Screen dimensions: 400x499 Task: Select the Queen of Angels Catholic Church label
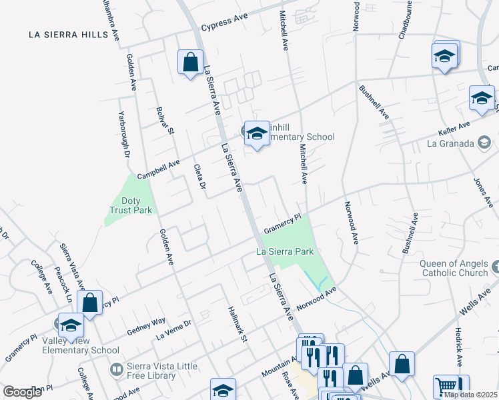pyautogui.click(x=454, y=268)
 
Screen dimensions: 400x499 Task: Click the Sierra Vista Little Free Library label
pyautogui.click(x=143, y=371)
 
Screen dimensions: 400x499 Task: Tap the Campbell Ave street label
pyautogui.click(x=158, y=169)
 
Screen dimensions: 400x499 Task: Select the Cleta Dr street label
pyautogui.click(x=199, y=176)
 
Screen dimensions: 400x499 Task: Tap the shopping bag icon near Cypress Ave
pyautogui.click(x=191, y=63)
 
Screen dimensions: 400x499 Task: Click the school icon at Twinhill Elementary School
pyautogui.click(x=257, y=134)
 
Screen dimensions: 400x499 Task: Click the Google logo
pyautogui.click(x=22, y=392)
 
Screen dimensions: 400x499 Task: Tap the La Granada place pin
pyautogui.click(x=484, y=142)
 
